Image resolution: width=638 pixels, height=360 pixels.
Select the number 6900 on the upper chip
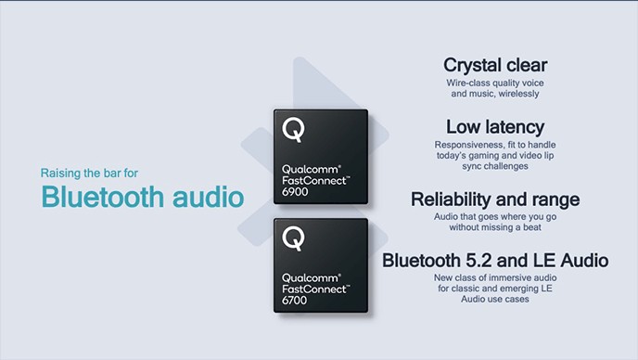[x=295, y=189]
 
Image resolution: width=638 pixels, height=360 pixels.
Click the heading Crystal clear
[x=494, y=65]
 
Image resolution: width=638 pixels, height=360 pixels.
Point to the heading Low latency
[x=494, y=126]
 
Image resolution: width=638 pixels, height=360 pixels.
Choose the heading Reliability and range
[x=494, y=199]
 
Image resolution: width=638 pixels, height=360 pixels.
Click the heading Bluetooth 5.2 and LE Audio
[x=494, y=260]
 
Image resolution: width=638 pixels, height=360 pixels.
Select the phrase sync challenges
[x=494, y=167]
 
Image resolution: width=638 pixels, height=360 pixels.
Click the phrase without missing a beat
[x=494, y=226]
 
